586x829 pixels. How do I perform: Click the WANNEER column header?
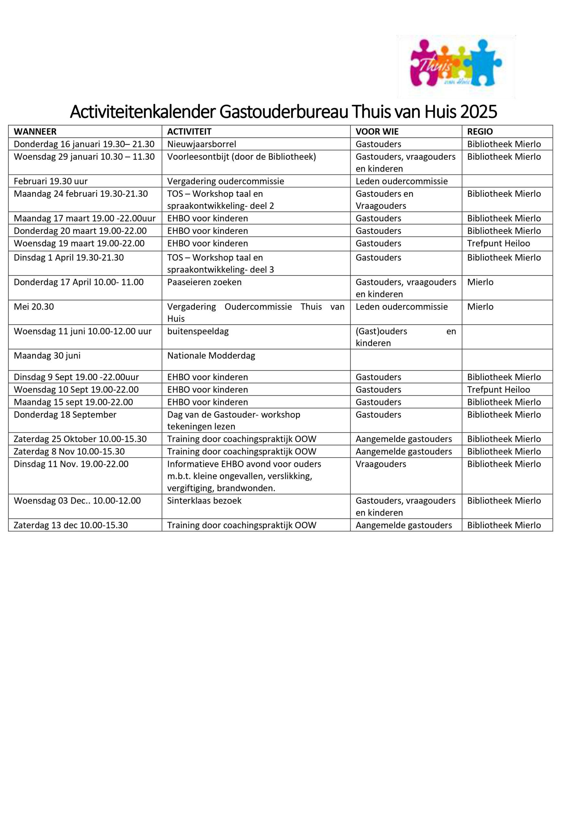click(35, 131)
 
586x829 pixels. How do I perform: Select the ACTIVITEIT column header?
click(189, 131)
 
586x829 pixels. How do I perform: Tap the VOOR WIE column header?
click(377, 131)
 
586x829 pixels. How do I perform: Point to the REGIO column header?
click(480, 131)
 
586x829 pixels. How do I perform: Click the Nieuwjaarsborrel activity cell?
click(201, 144)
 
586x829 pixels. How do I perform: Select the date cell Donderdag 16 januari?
click(84, 144)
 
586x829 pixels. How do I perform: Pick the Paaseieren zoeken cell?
click(204, 282)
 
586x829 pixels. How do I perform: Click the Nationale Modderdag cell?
click(211, 356)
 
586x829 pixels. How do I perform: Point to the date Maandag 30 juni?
click(47, 356)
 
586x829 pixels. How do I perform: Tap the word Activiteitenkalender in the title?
click(143, 112)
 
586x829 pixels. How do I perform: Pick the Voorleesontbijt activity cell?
click(241, 157)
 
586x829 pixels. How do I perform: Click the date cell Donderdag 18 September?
click(65, 414)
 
